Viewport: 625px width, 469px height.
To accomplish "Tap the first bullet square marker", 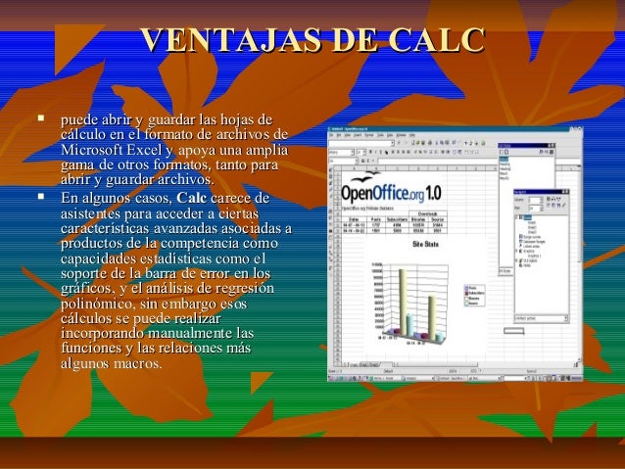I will pos(40,119).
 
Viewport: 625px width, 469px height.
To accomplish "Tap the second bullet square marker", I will pos(40,197).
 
